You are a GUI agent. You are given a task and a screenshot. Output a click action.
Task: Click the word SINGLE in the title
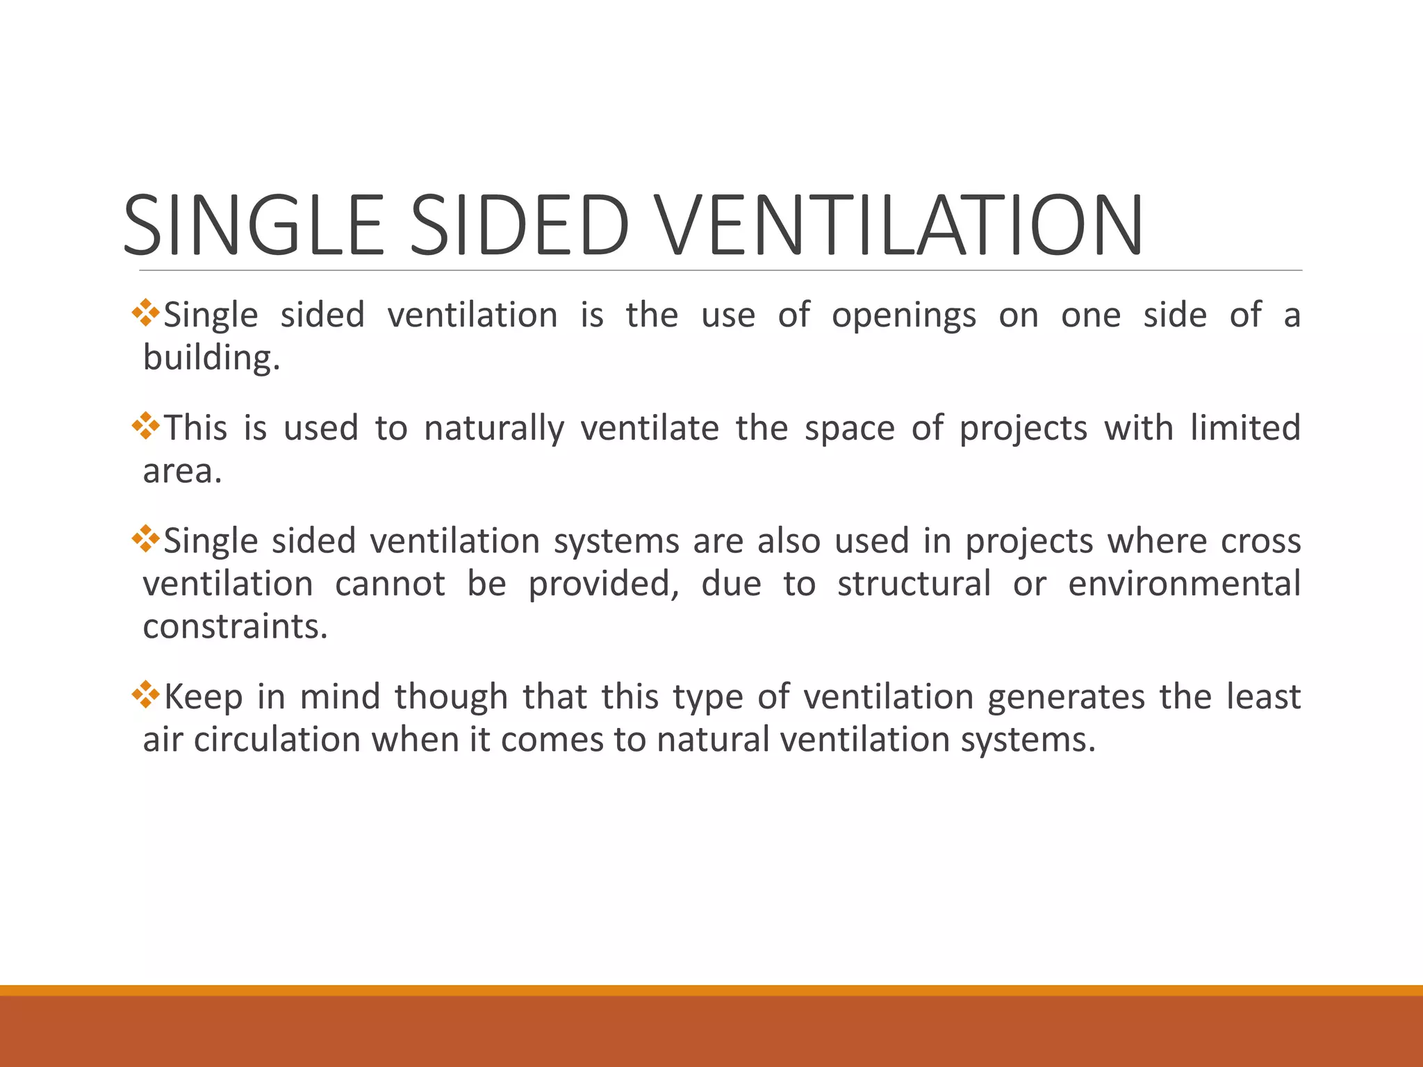253,225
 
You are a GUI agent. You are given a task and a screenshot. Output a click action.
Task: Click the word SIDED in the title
520,225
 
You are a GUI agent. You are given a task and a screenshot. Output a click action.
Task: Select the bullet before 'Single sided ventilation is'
145,313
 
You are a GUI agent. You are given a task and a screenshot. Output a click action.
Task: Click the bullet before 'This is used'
145,425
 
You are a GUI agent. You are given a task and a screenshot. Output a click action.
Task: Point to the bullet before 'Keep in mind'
145,694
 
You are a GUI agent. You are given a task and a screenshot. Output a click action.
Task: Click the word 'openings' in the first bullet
903,316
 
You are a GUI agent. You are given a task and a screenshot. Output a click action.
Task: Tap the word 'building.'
211,358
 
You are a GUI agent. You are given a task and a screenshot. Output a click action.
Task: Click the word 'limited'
1245,427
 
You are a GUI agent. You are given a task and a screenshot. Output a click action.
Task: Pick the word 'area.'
182,472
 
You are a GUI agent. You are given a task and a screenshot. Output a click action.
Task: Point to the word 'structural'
914,584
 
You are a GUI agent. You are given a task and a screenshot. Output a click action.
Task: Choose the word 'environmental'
1184,584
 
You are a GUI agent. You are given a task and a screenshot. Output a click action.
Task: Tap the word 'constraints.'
235,627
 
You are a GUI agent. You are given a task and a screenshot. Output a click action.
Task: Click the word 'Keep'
203,697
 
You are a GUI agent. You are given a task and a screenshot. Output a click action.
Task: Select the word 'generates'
1066,697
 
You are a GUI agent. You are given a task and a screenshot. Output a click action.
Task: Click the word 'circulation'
277,740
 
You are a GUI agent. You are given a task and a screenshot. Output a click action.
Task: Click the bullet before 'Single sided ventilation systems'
145,538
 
